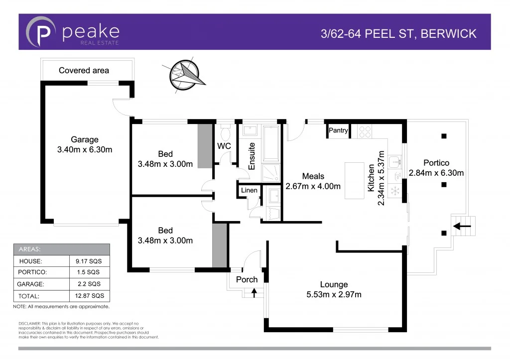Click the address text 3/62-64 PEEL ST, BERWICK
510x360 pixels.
(x=398, y=34)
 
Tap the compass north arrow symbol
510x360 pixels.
(x=187, y=75)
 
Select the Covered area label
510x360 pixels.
(x=84, y=71)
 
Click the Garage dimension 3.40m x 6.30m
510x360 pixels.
(x=84, y=149)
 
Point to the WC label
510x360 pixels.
(x=224, y=146)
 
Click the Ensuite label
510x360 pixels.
(x=252, y=156)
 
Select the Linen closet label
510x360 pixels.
(x=249, y=191)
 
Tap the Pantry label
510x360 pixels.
(x=338, y=131)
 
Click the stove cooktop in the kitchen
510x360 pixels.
(x=365, y=131)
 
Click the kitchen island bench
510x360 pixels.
(x=355, y=180)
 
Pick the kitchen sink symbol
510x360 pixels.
(x=397, y=161)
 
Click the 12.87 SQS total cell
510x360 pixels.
(x=90, y=295)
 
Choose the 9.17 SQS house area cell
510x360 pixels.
(x=90, y=260)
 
